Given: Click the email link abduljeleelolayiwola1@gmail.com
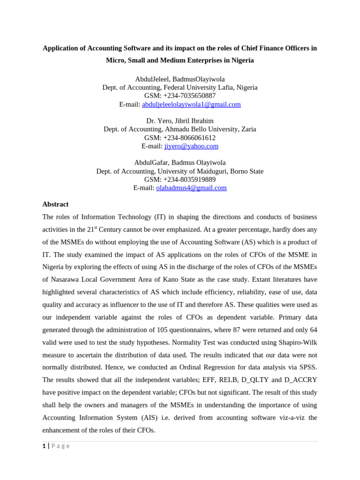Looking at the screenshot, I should click(x=191, y=105).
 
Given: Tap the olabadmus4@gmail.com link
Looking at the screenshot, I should click(x=191, y=188).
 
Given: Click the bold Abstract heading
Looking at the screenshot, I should click(x=55, y=204).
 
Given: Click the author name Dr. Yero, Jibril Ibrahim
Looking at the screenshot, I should click(x=180, y=121).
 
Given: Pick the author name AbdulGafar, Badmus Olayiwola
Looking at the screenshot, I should click(x=180, y=163).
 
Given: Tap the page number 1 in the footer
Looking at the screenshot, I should click(x=44, y=446).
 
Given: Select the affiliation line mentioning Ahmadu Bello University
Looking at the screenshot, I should click(x=180, y=129).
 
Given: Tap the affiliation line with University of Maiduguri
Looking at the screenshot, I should click(x=180, y=172).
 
